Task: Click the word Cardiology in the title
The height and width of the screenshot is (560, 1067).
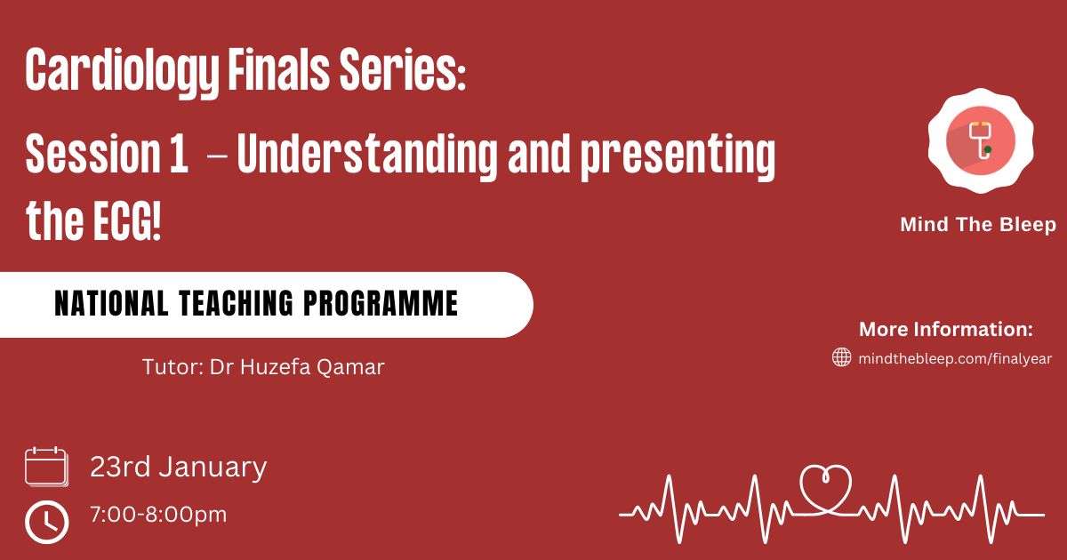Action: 122,71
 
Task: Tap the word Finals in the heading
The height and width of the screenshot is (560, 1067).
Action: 278,69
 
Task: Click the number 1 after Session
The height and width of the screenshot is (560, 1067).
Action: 179,153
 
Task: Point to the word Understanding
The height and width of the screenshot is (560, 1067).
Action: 367,156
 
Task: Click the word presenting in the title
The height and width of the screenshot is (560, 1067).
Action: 678,156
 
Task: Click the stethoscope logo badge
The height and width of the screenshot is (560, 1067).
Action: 980,141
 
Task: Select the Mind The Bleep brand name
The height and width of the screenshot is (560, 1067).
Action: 978,225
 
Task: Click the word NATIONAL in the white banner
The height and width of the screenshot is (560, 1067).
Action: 111,303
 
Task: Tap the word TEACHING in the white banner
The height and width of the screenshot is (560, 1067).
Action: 237,303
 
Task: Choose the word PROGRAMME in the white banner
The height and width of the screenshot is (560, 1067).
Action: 381,303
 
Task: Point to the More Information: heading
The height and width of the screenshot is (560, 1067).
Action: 946,330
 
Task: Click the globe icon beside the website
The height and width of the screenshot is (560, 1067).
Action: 841,357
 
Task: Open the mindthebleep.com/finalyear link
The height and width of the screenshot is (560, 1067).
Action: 955,358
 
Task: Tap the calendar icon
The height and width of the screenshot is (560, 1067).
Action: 46,467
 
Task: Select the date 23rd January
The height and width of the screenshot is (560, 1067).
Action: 178,468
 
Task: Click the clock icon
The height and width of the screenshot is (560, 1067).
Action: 46,522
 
